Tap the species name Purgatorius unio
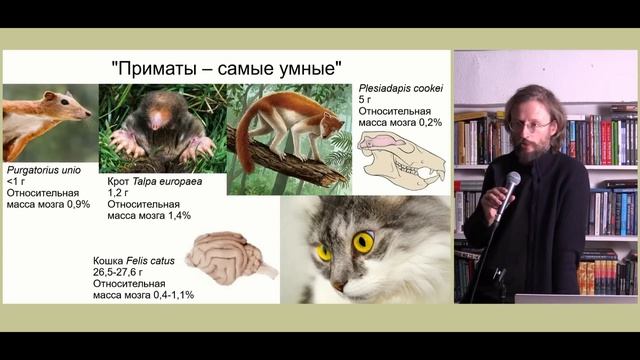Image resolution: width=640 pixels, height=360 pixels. point(42,170)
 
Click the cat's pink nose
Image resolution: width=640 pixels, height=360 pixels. point(339,284)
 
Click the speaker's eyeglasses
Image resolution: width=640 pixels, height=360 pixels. point(531,125)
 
